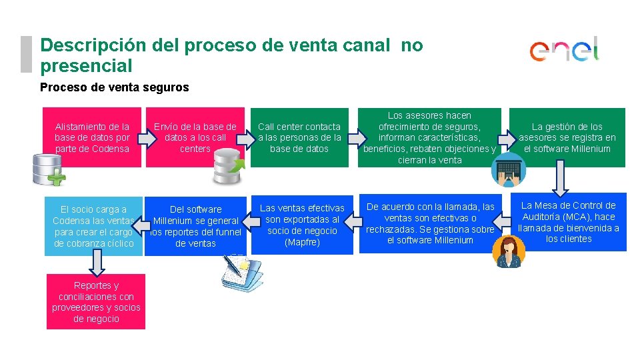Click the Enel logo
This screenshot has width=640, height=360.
565,50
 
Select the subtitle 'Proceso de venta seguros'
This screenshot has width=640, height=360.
115,87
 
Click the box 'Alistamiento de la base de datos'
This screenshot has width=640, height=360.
92,137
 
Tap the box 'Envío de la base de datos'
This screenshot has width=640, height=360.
195,137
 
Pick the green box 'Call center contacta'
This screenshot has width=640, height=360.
299,137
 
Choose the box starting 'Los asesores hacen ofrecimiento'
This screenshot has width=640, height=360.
429,137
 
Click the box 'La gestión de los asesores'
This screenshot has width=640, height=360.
567,137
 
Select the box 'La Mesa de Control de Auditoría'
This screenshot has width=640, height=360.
569,222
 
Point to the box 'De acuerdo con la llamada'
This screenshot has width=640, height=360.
430,223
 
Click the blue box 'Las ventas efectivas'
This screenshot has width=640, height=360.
302,225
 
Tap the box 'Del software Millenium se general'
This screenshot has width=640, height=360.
195,226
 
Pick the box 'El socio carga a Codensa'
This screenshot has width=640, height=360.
93,226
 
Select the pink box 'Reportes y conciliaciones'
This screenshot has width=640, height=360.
96,302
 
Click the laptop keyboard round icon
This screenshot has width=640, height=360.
509,171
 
